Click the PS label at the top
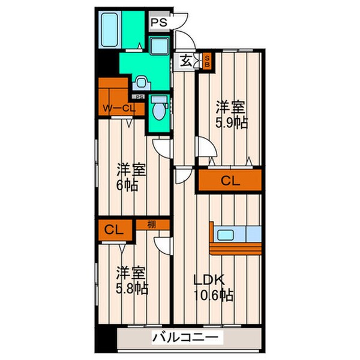click(158, 23)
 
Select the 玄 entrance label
click(187, 60)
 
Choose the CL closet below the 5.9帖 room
click(230, 180)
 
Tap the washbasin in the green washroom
click(142, 81)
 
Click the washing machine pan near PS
click(158, 46)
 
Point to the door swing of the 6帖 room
click(160, 147)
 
